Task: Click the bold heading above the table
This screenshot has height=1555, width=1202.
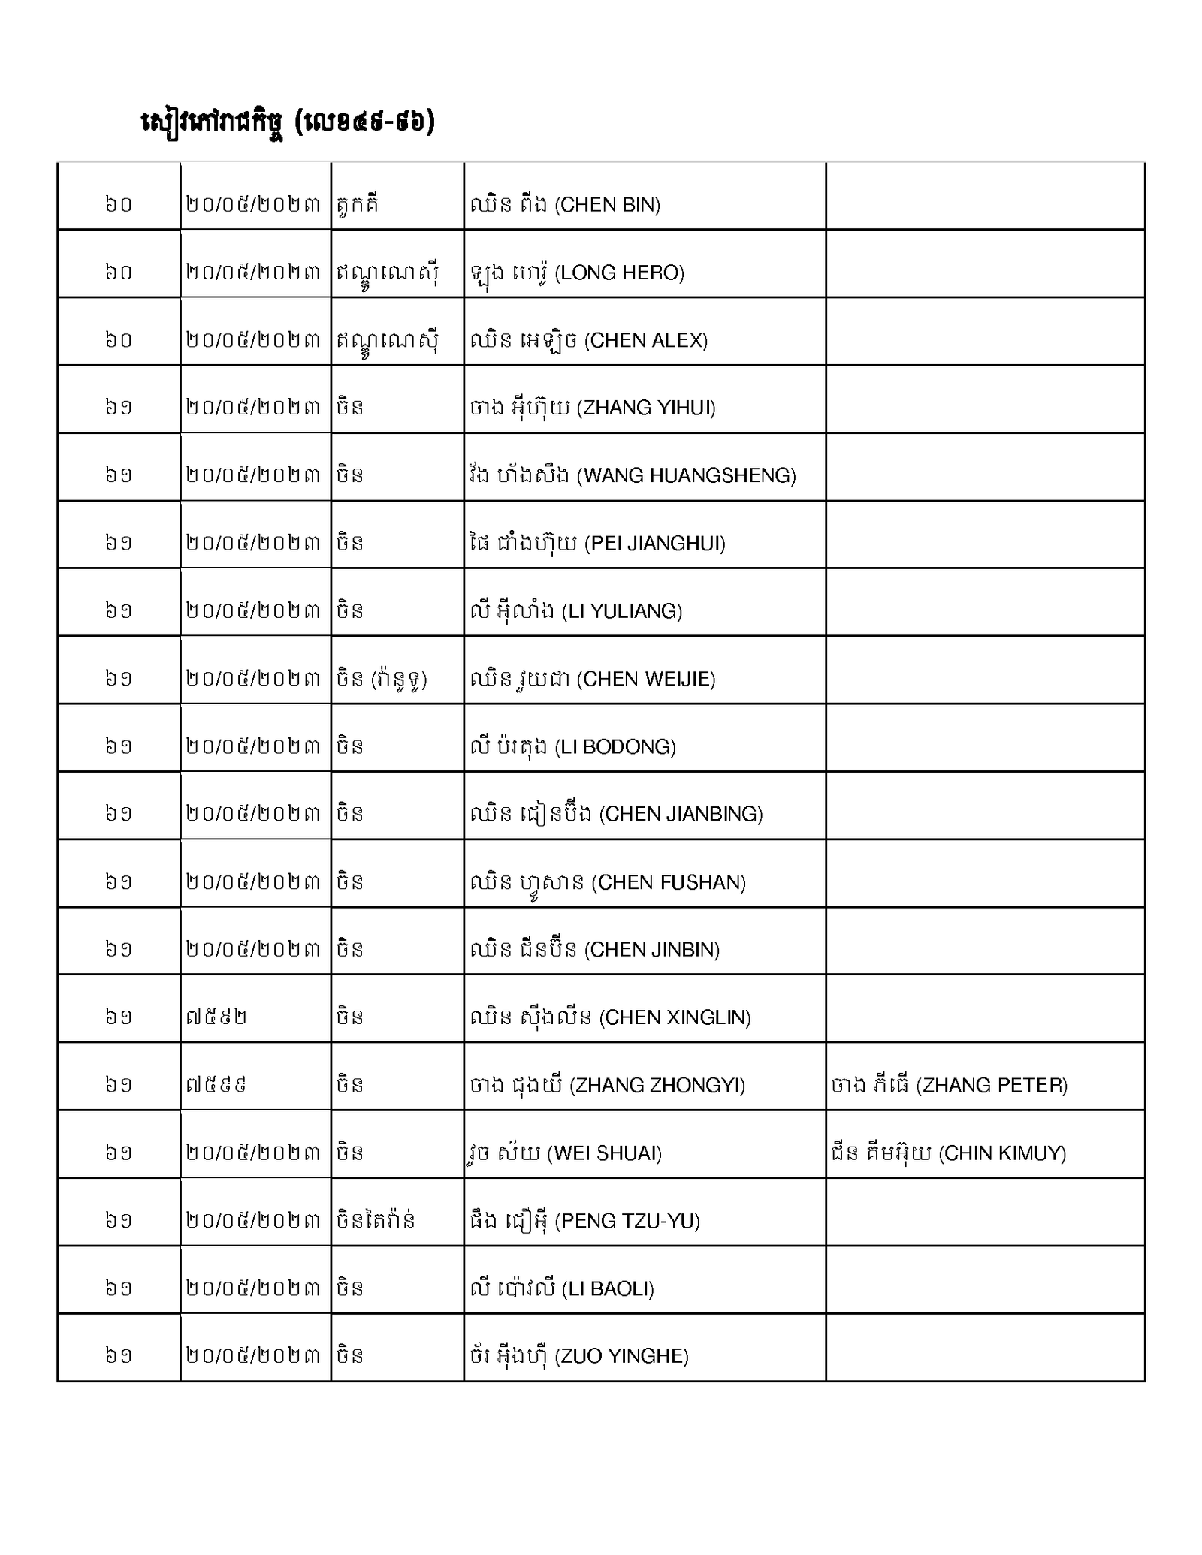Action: pyautogui.click(x=288, y=122)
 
